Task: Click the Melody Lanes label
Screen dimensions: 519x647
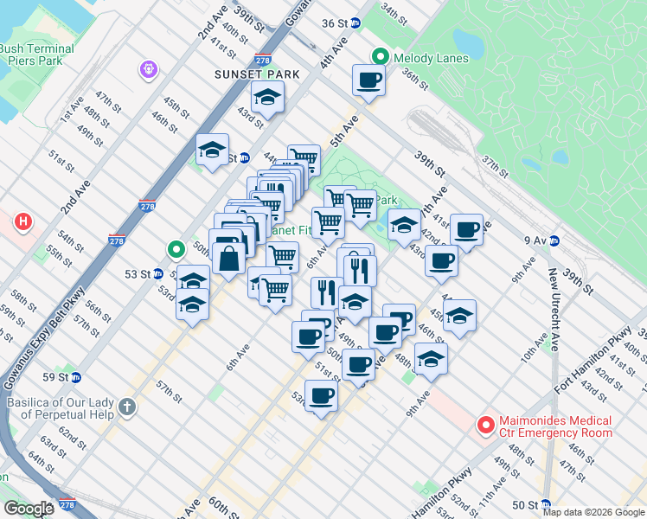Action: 431,58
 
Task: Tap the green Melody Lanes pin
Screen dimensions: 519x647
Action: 379,57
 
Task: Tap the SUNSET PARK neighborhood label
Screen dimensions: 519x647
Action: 257,74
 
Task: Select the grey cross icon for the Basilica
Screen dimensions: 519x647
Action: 127,407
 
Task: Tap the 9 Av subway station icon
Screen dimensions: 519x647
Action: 554,240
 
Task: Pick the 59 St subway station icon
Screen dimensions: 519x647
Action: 76,377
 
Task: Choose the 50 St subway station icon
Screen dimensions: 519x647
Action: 545,504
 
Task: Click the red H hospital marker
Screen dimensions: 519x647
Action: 23,223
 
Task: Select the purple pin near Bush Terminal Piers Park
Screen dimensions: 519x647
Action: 149,67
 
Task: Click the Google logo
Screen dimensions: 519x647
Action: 29,509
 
